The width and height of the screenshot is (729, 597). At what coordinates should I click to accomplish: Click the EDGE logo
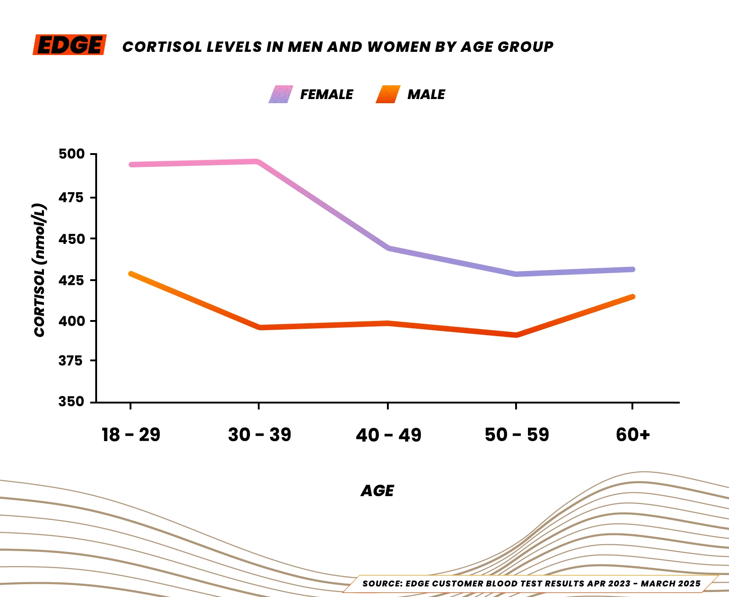[x=70, y=45]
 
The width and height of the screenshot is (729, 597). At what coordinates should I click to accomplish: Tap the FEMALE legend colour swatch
[x=281, y=94]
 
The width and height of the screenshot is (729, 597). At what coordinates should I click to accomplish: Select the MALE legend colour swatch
[x=388, y=94]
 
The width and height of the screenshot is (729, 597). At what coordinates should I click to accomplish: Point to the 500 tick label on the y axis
[x=71, y=154]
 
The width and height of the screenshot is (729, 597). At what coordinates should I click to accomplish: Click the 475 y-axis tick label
[x=71, y=197]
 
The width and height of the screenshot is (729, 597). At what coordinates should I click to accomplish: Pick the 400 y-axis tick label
[x=71, y=321]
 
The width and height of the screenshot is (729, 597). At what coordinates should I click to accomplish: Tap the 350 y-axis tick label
[x=71, y=402]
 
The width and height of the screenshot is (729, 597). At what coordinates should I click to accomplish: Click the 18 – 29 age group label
[x=131, y=435]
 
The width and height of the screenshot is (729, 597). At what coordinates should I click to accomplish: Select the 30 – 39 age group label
[x=259, y=435]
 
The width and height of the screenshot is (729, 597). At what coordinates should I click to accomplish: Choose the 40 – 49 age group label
[x=388, y=435]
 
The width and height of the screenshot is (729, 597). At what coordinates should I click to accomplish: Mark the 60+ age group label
[x=633, y=435]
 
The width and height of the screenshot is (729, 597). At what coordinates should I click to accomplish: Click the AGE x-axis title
[x=377, y=491]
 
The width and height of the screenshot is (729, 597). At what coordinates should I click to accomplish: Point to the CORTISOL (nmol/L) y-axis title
[x=40, y=271]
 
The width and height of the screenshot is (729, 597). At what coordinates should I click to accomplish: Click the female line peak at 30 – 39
[x=258, y=162]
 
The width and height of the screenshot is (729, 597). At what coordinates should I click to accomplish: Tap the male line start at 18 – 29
[x=131, y=274]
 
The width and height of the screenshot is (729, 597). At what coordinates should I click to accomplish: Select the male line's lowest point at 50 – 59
[x=516, y=335]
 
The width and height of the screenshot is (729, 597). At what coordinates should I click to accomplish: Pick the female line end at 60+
[x=632, y=269]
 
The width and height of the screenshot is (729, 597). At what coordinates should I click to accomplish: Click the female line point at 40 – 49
[x=388, y=248]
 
